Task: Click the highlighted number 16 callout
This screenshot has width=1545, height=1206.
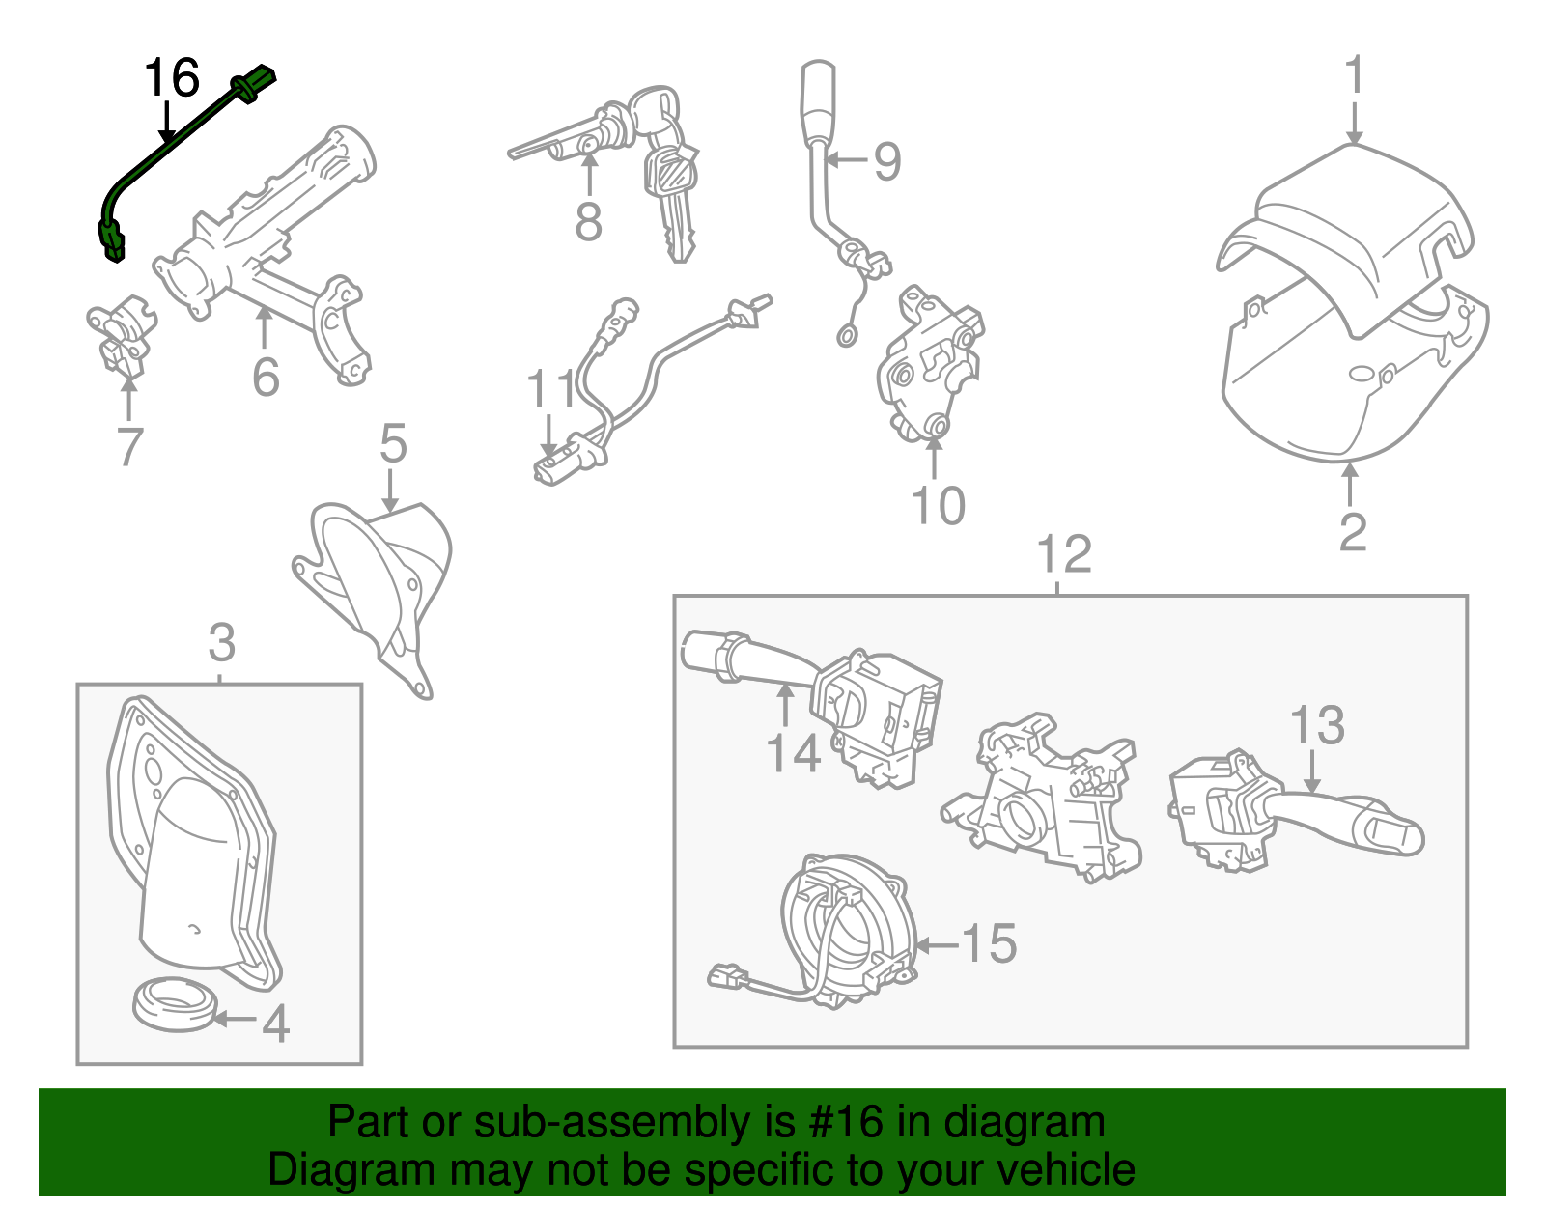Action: [x=172, y=78]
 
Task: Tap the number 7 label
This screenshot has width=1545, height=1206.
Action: [x=129, y=447]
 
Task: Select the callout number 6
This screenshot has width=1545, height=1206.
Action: [x=266, y=377]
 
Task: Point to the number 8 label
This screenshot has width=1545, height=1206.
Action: [x=588, y=222]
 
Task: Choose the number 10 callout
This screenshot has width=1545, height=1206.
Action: [x=938, y=505]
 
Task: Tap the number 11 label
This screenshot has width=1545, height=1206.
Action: [x=550, y=391]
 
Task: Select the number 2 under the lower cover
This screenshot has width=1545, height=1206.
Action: [x=1352, y=532]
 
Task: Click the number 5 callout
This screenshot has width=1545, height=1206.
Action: [x=393, y=444]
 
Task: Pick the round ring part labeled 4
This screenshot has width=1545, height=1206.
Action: [x=174, y=1004]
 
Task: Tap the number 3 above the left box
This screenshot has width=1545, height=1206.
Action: [x=221, y=642]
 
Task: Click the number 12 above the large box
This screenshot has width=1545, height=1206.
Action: [x=1063, y=555]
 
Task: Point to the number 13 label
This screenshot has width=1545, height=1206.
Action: [x=1317, y=725]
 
